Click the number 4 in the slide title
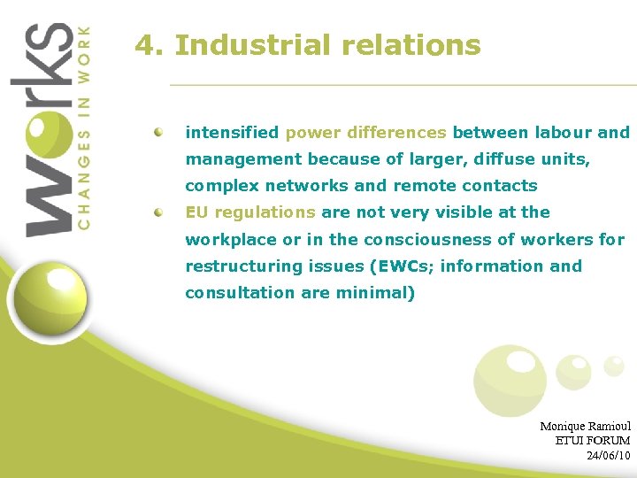(145, 45)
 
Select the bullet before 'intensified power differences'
(158, 132)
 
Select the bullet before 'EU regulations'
(158, 212)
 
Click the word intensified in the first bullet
(232, 133)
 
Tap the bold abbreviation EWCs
(403, 266)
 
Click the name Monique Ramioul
(585, 426)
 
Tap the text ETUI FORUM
(592, 440)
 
